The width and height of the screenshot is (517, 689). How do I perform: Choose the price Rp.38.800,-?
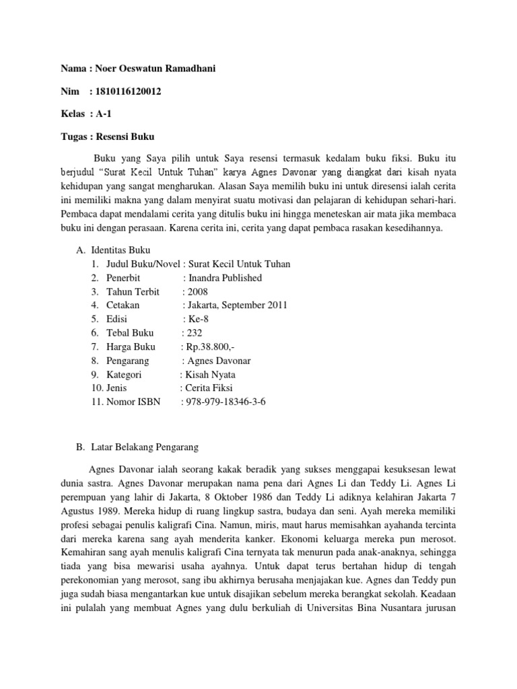[209, 347]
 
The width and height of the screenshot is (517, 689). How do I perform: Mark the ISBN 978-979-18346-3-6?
[226, 402]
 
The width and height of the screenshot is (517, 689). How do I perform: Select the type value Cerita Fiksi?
[211, 388]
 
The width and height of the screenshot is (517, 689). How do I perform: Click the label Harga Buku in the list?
[131, 347]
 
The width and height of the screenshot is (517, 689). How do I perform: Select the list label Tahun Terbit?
[133, 291]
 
